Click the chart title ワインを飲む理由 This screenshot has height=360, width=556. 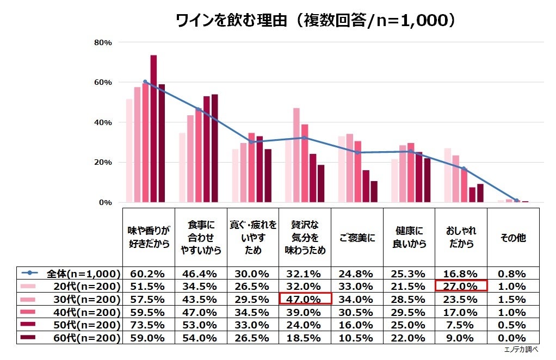315,21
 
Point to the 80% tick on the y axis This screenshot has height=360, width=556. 103,42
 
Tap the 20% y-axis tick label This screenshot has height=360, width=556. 103,162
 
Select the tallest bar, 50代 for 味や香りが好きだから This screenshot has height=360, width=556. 153,128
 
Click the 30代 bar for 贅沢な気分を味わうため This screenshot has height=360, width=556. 296,155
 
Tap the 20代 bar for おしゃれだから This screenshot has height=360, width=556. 448,175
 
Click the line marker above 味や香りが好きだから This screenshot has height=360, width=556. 145,82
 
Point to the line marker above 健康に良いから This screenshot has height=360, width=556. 411,152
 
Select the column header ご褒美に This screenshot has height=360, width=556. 357,238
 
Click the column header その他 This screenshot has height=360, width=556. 512,238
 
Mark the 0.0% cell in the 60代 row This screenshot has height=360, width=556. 512,338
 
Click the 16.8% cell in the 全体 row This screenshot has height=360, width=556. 461,274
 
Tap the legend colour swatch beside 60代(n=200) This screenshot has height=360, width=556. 28,338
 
